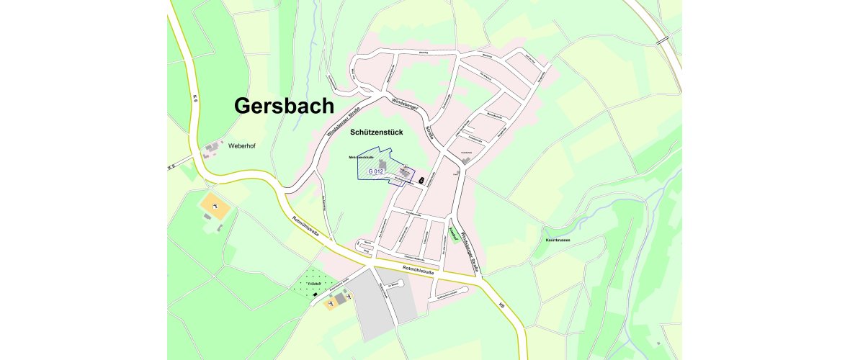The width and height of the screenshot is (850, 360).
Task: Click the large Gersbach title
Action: coord(284,106)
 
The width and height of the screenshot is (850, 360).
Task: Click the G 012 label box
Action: coord(375,171)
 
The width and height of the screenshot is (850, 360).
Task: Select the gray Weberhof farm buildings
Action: coord(212,150)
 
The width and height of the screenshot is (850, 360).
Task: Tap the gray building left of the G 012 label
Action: coord(381,164)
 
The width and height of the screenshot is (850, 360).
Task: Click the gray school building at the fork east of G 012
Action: coord(467,161)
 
